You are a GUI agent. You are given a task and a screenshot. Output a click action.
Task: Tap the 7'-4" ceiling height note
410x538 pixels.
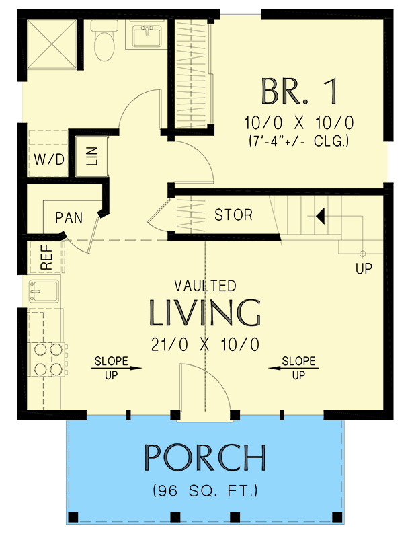(299, 143)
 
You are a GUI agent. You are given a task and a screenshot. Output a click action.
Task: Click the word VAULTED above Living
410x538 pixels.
(205, 286)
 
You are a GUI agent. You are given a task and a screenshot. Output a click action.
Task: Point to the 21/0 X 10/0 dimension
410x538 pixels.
(205, 344)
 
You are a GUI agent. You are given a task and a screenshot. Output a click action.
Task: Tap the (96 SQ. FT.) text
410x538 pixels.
(205, 490)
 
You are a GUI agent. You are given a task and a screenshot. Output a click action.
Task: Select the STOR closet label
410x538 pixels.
(234, 215)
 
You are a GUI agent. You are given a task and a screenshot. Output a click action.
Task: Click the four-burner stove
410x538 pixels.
(48, 359)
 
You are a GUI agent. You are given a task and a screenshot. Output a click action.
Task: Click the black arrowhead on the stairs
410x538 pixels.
(321, 216)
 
